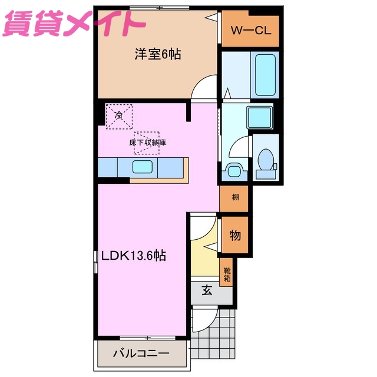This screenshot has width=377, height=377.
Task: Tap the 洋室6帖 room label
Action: click(157, 55)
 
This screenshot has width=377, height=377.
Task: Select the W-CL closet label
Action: click(250, 30)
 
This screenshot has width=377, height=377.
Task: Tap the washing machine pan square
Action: click(259, 118)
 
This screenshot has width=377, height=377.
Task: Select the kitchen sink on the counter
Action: click(143, 167)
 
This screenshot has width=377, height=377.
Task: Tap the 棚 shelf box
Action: click(234, 197)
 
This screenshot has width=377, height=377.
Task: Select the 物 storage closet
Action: click(234, 236)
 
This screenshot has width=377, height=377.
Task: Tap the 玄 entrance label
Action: click(207, 290)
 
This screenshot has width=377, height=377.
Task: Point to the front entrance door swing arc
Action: click(200, 322)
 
